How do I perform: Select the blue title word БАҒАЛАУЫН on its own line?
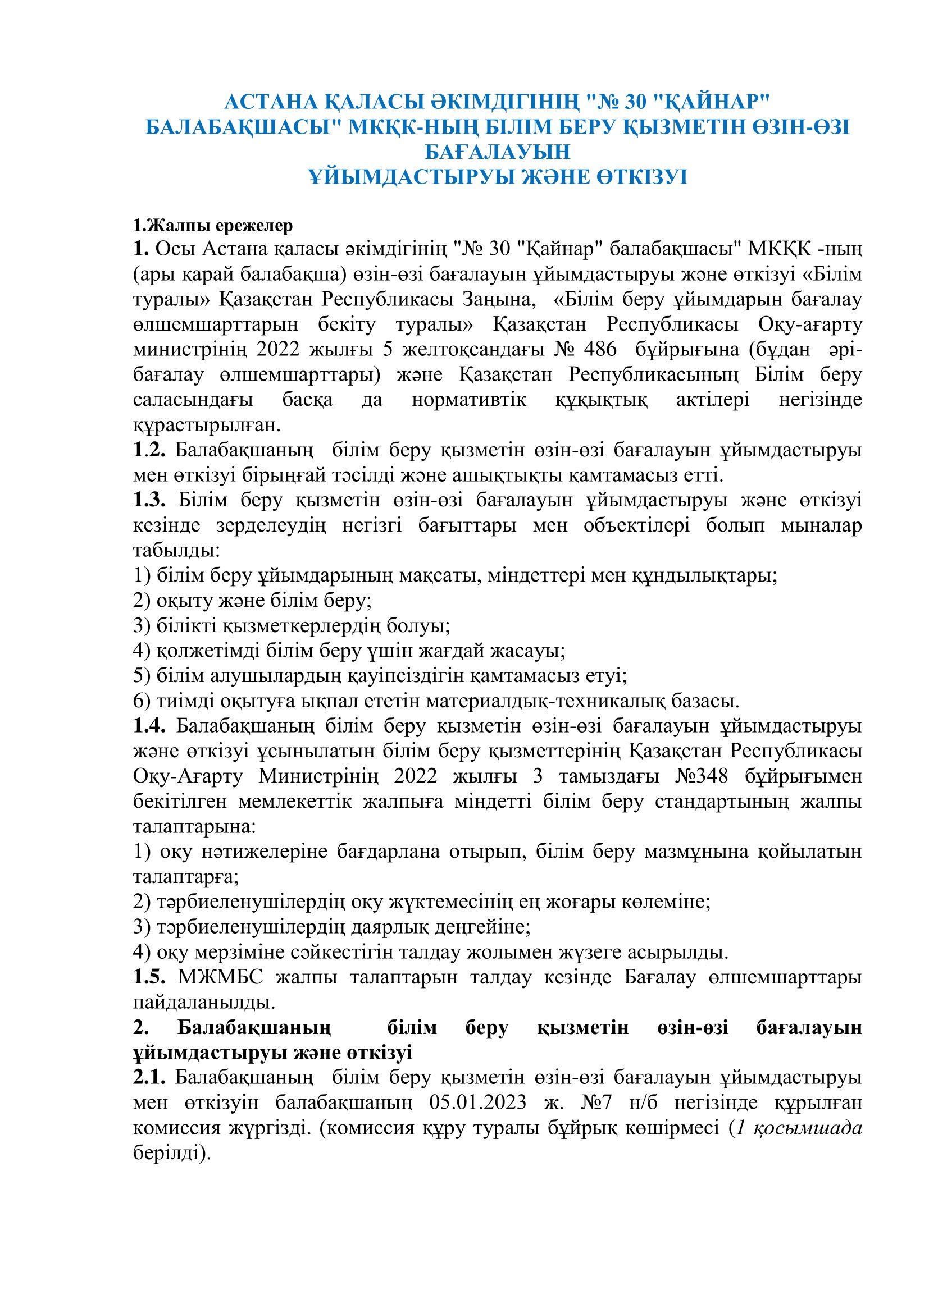coord(497,152)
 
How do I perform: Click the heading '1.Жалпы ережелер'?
coord(213,225)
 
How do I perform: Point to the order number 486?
coord(600,349)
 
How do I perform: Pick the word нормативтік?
coord(468,399)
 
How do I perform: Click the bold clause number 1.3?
coord(149,500)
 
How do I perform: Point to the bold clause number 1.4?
coord(149,726)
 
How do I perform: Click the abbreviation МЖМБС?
coord(220,977)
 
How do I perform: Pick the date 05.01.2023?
coord(477,1102)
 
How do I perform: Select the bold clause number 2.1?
coord(149,1077)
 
